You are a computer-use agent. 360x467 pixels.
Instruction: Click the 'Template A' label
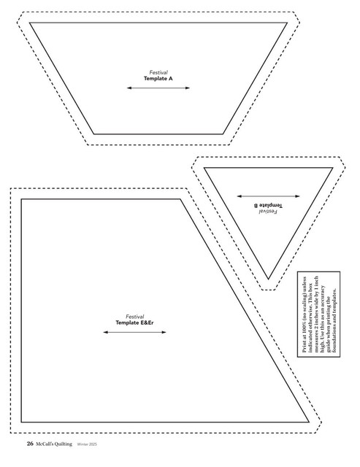pyautogui.click(x=158, y=79)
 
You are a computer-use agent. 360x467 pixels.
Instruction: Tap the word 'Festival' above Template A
pyautogui.click(x=158, y=72)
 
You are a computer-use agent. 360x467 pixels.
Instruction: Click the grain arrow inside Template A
pyautogui.click(x=158, y=88)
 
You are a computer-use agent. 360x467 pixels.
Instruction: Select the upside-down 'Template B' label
pyautogui.click(x=268, y=206)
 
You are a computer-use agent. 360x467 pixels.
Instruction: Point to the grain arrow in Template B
pyautogui.click(x=268, y=196)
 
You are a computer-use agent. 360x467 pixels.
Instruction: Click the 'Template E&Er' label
pyautogui.click(x=134, y=323)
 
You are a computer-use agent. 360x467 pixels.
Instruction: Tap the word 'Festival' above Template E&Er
pyautogui.click(x=134, y=317)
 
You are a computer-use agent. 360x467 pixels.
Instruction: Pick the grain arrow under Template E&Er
pyautogui.click(x=134, y=332)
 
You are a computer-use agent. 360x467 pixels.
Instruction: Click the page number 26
pyautogui.click(x=30, y=444)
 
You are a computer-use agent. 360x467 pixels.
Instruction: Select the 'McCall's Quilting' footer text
pyautogui.click(x=54, y=444)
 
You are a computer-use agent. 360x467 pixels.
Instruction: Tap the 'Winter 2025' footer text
pyautogui.click(x=87, y=444)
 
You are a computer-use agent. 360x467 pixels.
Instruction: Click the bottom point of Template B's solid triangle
pyautogui.click(x=268, y=279)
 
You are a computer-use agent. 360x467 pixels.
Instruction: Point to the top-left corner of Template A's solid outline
pyautogui.click(x=29, y=23)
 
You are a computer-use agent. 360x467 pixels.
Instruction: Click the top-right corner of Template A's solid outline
pyautogui.click(x=287, y=23)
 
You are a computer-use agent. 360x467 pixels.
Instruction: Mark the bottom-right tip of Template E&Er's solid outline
pyautogui.click(x=309, y=422)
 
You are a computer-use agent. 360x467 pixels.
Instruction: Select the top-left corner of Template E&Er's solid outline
pyautogui.click(x=21, y=199)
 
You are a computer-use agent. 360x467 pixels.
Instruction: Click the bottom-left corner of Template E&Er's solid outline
pyautogui.click(x=21, y=422)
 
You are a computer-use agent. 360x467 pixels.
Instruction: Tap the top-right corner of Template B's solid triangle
pyautogui.click(x=332, y=168)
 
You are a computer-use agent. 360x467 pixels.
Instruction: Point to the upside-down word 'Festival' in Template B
pyautogui.click(x=268, y=212)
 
